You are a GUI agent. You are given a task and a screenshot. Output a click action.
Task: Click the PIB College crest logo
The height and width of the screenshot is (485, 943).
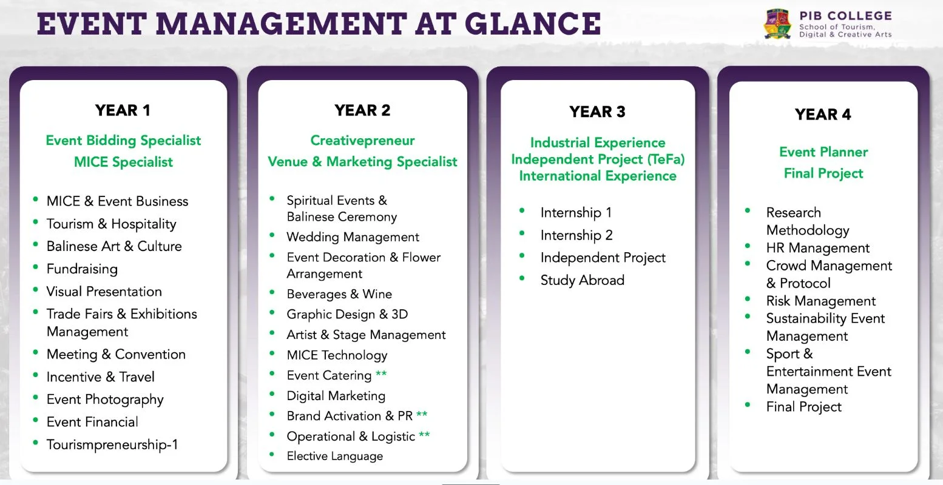click(x=777, y=24)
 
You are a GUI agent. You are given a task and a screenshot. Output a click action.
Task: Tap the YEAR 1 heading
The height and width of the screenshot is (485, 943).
click(x=123, y=110)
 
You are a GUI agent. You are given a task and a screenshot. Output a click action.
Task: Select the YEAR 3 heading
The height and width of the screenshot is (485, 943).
click(x=597, y=112)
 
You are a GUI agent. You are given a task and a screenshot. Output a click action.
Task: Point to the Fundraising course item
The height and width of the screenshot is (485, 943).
click(x=82, y=269)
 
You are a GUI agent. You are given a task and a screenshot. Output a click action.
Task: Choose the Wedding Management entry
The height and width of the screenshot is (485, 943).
click(x=353, y=237)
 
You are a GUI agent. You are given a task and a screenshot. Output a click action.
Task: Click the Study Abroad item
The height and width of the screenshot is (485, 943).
click(x=582, y=280)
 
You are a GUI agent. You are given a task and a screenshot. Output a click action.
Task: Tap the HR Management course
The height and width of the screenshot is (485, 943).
click(x=817, y=248)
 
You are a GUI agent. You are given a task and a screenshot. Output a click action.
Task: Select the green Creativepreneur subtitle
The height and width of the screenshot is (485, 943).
click(x=362, y=141)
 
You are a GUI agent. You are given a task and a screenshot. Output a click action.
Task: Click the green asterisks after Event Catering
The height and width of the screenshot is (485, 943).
click(x=381, y=373)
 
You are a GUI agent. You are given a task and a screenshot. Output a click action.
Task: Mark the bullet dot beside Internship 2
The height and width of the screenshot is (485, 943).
click(x=522, y=233)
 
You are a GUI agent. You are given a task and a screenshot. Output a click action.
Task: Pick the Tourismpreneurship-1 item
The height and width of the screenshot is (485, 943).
click(x=112, y=444)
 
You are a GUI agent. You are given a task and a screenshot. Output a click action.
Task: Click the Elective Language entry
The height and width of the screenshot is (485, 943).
click(x=335, y=456)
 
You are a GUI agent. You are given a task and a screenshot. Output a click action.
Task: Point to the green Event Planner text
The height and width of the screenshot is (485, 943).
click(x=823, y=152)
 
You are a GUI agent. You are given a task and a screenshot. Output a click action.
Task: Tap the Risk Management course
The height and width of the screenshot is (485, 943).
click(x=820, y=301)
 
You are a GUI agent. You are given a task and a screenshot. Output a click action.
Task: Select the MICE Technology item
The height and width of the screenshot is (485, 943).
click(x=337, y=355)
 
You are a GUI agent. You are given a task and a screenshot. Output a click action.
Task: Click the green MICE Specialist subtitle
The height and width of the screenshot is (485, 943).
click(x=123, y=162)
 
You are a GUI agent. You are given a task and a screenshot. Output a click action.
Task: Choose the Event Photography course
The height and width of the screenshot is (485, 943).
click(x=105, y=400)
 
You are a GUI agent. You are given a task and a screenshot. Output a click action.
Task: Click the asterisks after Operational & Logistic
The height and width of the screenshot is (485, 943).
click(x=424, y=435)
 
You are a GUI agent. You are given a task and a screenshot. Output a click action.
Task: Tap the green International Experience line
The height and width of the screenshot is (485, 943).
click(x=598, y=176)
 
